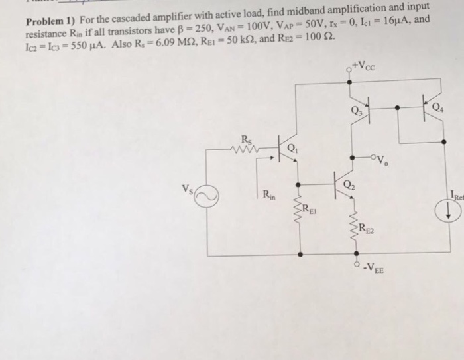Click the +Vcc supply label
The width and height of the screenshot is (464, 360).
point(365,66)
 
